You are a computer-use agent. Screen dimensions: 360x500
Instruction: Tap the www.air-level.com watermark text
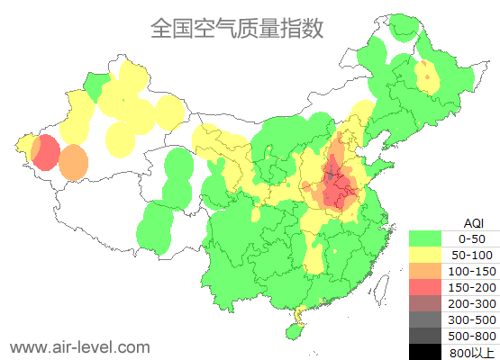pyautogui.click(x=79, y=346)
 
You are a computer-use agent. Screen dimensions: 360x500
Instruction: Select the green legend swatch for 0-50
pyautogui.click(x=430, y=238)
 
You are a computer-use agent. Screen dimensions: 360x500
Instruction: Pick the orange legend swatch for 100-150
pyautogui.click(x=430, y=271)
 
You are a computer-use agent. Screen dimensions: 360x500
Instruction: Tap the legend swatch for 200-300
pyautogui.click(x=430, y=303)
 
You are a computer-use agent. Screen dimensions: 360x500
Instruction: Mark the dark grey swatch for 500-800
pyautogui.click(x=430, y=336)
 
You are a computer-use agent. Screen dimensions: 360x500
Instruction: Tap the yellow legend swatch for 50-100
pyautogui.click(x=430, y=255)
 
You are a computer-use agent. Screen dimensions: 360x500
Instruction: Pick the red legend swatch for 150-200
pyautogui.click(x=430, y=287)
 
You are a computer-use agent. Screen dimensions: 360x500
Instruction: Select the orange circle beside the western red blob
pyautogui.click(x=74, y=163)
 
